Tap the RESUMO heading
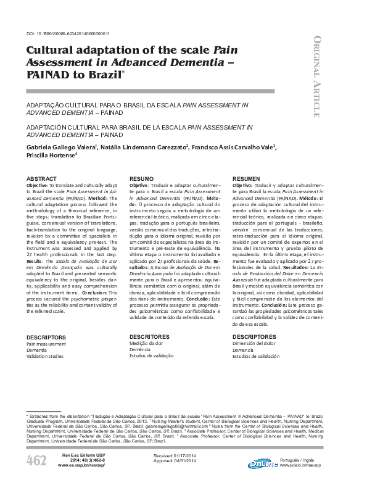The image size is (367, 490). [141, 178]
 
